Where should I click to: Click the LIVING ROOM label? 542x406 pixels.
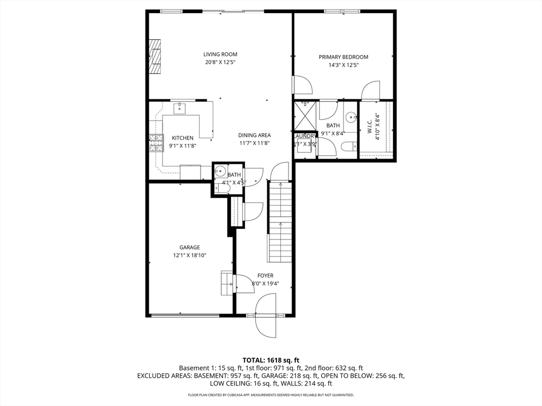[220, 54]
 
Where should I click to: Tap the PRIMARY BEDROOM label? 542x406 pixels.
[343, 57]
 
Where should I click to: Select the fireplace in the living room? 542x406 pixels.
[155, 57]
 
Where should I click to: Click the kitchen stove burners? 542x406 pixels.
[156, 143]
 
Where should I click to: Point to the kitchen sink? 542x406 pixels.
[180, 108]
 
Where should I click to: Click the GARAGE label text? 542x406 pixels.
[189, 247]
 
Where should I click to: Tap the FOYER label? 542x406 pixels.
[265, 275]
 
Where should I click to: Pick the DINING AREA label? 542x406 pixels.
[254, 135]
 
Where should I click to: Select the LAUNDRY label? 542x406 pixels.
[305, 136]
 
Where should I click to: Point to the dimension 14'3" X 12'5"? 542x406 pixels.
[343, 65]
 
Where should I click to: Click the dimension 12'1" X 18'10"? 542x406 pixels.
[189, 255]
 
